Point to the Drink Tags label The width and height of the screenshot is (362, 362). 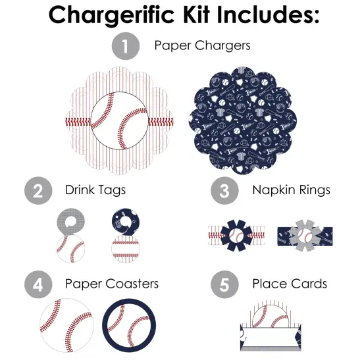click(x=95, y=190)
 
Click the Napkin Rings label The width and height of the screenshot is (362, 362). click(x=291, y=190)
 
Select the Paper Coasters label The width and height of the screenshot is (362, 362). click(x=112, y=284)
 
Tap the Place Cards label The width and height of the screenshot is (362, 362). click(x=290, y=284)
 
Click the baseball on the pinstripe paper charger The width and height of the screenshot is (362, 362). click(x=119, y=121)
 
